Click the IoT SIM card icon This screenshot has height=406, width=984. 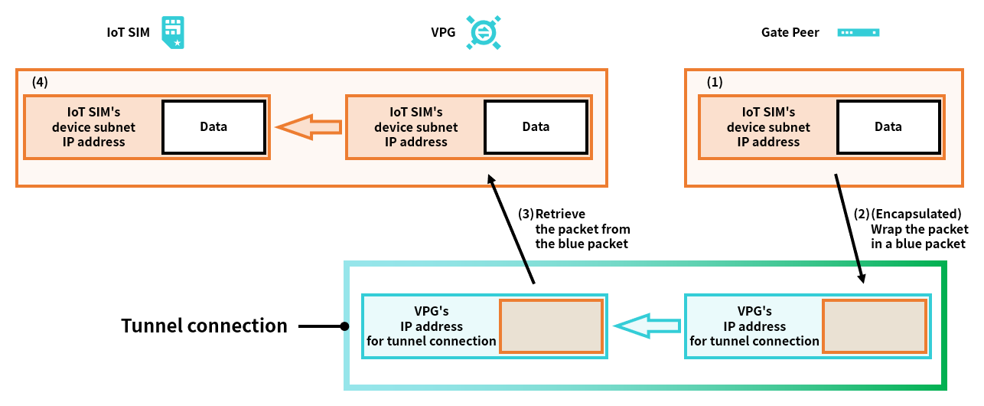(x=173, y=33)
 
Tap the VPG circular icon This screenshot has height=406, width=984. (x=484, y=33)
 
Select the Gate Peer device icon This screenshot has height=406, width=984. (x=859, y=33)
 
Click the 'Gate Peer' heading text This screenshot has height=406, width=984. (x=790, y=33)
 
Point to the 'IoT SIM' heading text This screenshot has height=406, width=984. (x=129, y=33)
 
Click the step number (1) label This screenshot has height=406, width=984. (x=714, y=80)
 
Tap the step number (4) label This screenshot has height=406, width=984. (x=40, y=80)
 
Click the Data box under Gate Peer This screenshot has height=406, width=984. (x=888, y=127)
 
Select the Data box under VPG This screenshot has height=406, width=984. (x=536, y=127)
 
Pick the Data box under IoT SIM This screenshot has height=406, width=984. (x=213, y=127)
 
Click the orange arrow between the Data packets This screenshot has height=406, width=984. (x=308, y=127)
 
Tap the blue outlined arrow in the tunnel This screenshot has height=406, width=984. (x=647, y=326)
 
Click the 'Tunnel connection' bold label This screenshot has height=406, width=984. (x=204, y=326)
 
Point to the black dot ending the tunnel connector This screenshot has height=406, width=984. (x=344, y=326)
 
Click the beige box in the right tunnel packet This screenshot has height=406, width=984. (x=874, y=326)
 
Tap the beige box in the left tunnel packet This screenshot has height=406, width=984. (x=551, y=326)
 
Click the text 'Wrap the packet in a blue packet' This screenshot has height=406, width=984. (x=919, y=236)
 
